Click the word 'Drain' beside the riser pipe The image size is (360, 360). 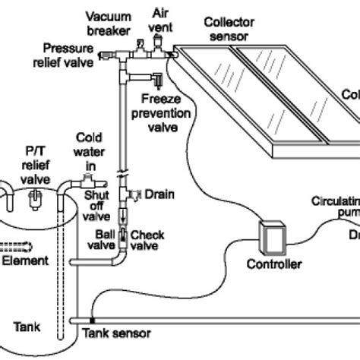point(160,194)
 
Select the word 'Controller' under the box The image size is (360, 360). point(274,264)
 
